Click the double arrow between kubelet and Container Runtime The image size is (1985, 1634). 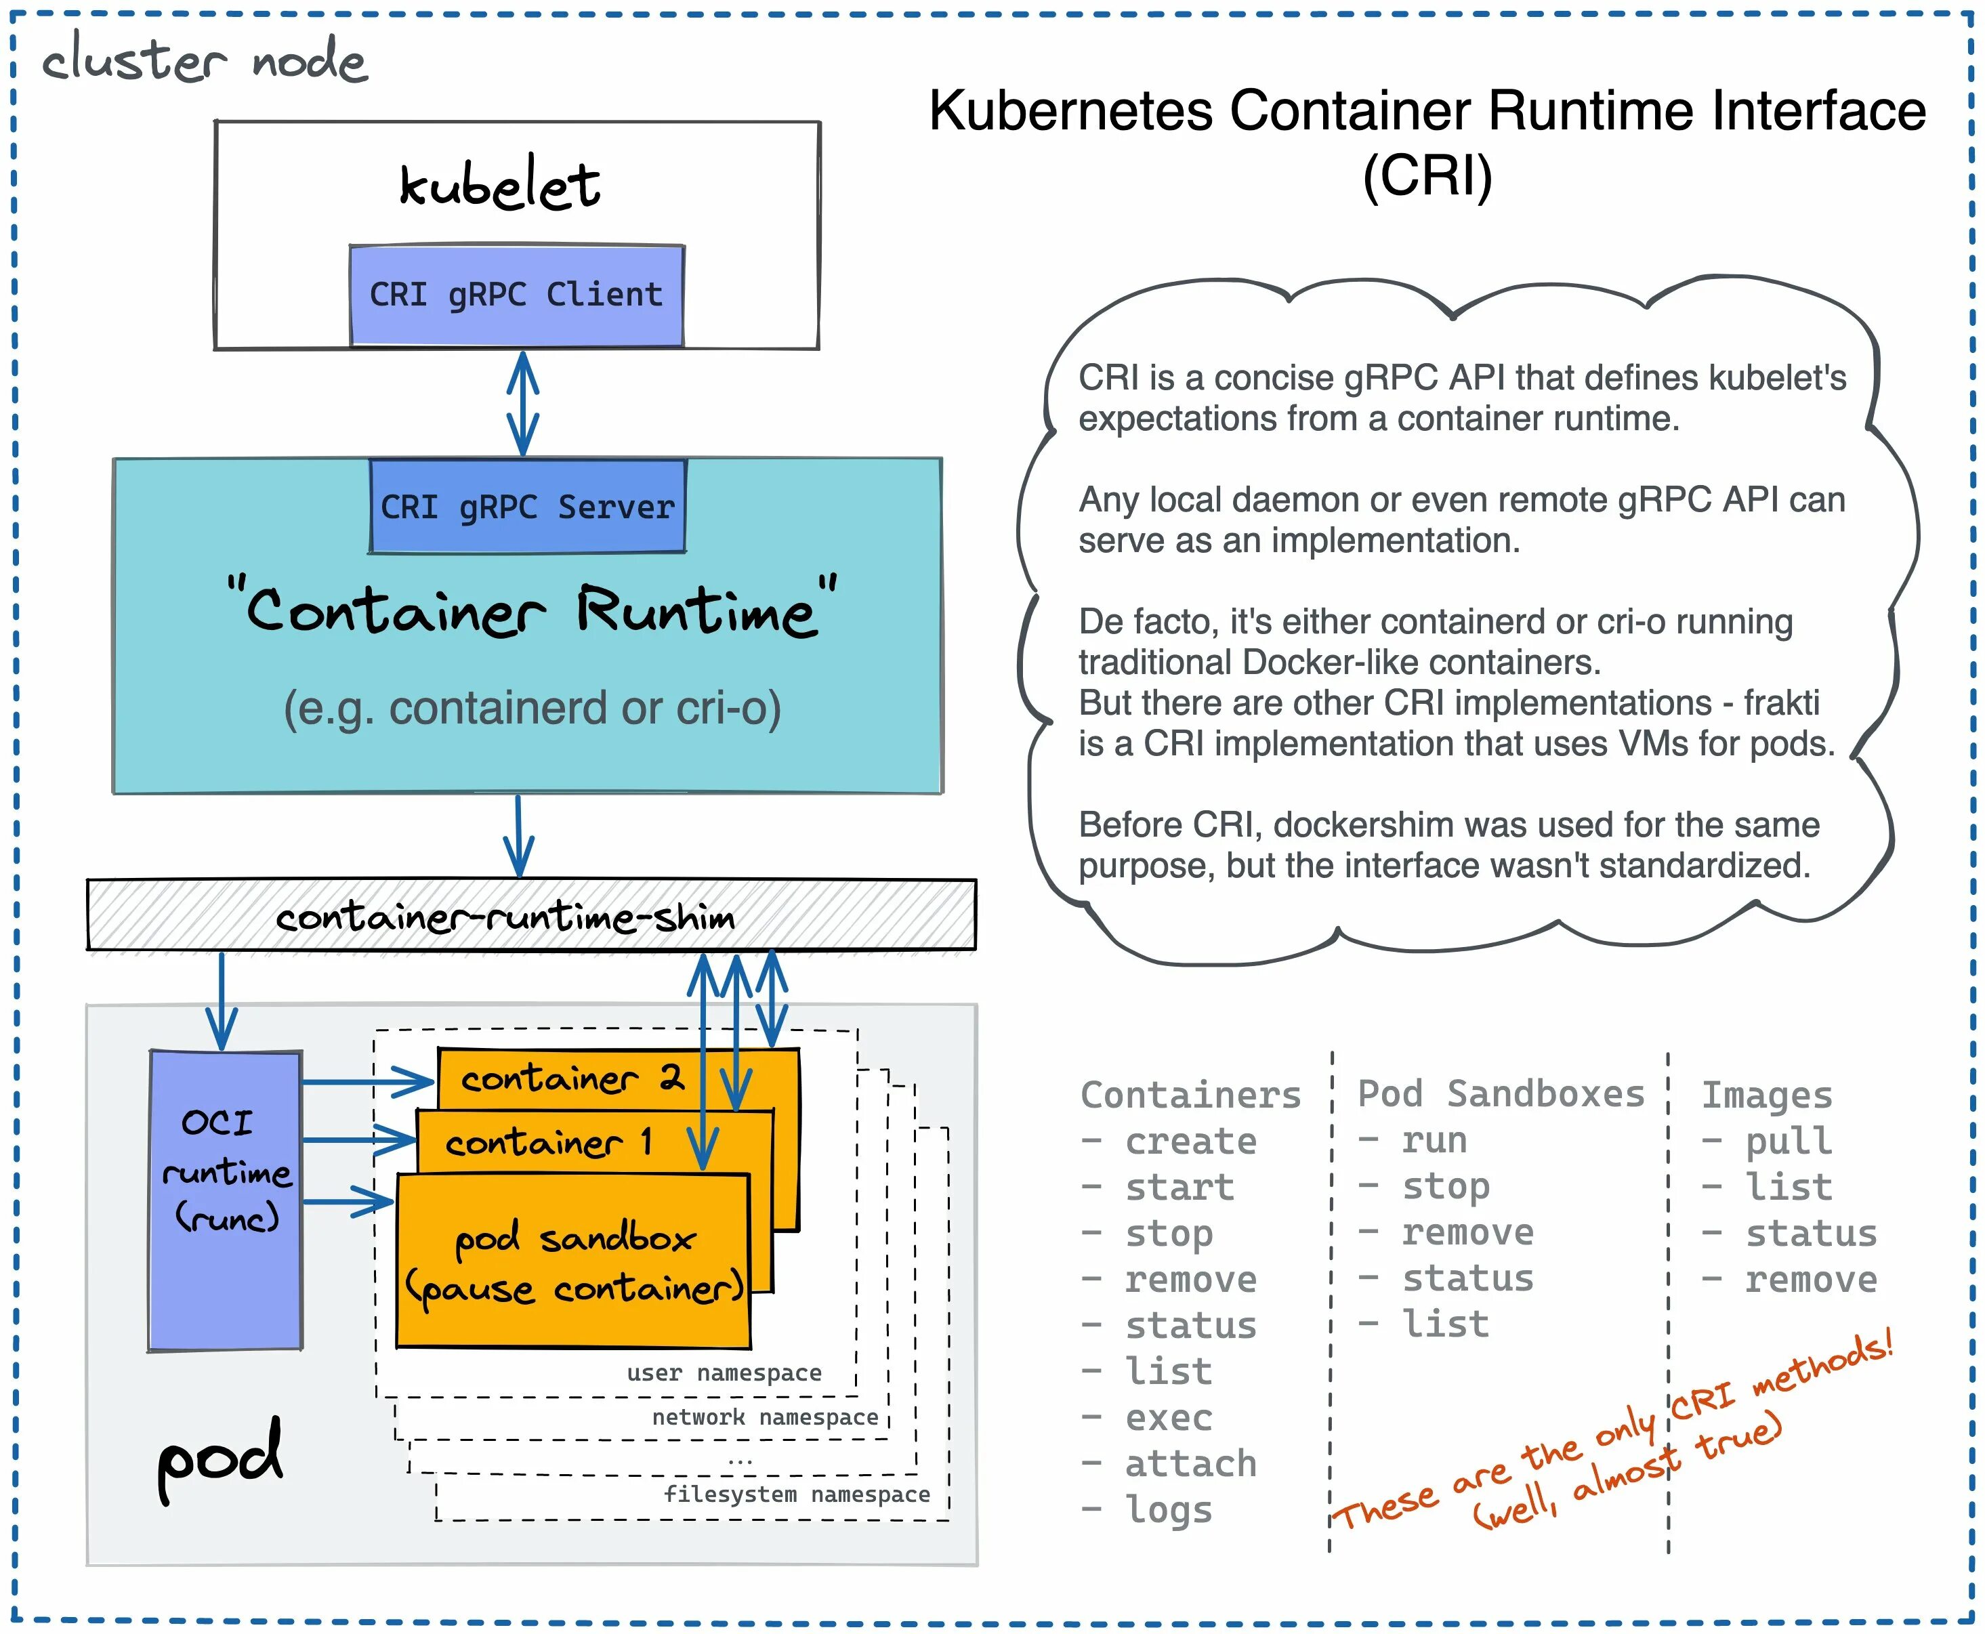click(x=522, y=404)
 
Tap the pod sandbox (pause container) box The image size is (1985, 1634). click(x=573, y=1261)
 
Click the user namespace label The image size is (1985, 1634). click(x=724, y=1373)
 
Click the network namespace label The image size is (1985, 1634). click(x=764, y=1417)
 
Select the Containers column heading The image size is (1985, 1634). click(x=1190, y=1095)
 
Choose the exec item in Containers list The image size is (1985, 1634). click(x=1169, y=1417)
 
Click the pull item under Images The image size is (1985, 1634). click(x=1789, y=1141)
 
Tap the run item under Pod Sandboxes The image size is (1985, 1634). click(x=1434, y=1140)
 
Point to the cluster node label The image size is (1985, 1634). click(x=204, y=61)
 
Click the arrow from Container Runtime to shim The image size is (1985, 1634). click(x=518, y=836)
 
